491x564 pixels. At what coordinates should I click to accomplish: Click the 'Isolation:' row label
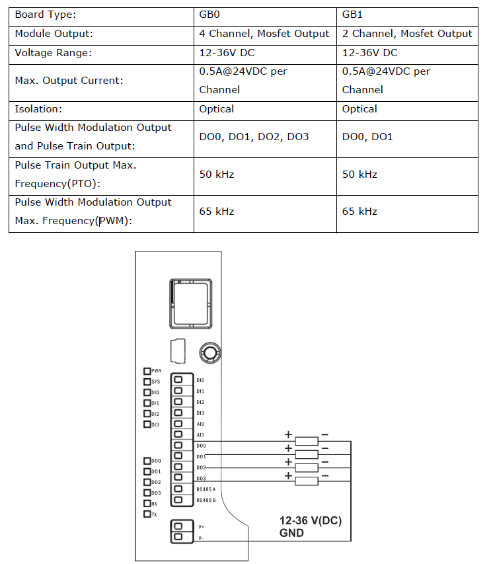tap(38, 109)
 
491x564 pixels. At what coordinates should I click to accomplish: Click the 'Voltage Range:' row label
tap(54, 53)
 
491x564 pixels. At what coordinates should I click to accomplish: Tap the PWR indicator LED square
tap(147, 371)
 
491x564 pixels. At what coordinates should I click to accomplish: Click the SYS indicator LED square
tap(147, 382)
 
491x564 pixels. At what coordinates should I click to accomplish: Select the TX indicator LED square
tap(147, 514)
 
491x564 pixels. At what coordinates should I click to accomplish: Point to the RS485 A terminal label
tap(206, 489)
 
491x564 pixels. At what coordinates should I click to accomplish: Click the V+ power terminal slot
tap(178, 526)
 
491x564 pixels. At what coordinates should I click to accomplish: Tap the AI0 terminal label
tap(200, 424)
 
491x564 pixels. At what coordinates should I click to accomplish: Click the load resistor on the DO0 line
tap(307, 441)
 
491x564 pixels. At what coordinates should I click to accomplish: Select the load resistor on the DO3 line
tap(307, 481)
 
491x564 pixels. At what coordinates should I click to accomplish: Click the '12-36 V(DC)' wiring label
tap(311, 520)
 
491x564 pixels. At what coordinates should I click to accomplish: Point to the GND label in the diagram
tap(291, 533)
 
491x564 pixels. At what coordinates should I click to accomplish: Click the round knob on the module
tap(210, 352)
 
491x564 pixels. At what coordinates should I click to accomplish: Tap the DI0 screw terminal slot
tap(178, 380)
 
